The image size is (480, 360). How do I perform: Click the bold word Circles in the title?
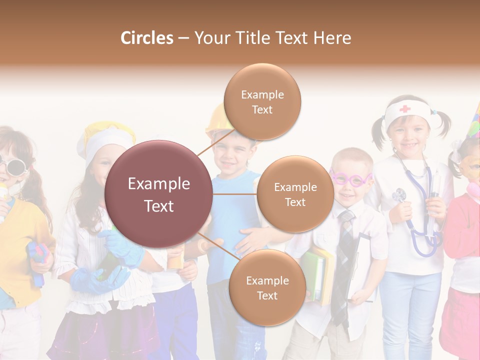(x=147, y=38)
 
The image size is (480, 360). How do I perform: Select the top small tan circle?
(x=262, y=101)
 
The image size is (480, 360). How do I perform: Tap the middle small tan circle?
(x=295, y=194)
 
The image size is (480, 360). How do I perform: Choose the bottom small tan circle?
(x=267, y=287)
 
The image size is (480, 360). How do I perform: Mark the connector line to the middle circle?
(x=234, y=194)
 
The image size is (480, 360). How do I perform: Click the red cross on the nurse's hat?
(x=404, y=108)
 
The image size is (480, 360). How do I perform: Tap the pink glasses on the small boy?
(x=351, y=178)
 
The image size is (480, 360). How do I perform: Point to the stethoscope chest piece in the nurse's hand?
(x=399, y=195)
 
